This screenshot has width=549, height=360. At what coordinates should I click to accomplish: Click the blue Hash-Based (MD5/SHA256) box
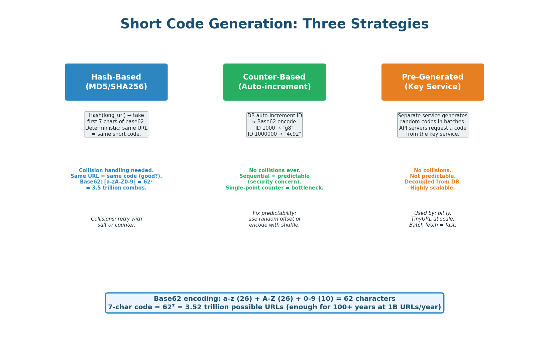click(116, 82)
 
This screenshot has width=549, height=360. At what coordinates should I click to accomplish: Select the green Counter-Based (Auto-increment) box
click(274, 82)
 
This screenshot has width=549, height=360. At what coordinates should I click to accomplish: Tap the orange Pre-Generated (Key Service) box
click(433, 82)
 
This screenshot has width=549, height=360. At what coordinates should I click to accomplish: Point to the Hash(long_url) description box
click(116, 124)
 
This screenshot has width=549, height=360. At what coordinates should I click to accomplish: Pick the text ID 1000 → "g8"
click(274, 128)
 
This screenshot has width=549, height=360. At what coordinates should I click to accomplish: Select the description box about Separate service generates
click(433, 125)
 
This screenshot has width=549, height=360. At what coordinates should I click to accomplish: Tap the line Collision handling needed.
click(116, 170)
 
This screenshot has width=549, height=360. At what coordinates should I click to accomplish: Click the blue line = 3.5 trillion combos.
click(116, 188)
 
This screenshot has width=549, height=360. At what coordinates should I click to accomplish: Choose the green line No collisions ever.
click(274, 170)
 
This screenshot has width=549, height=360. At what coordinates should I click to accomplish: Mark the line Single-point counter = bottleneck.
click(274, 188)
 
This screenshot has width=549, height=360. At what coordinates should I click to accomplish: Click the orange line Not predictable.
click(433, 176)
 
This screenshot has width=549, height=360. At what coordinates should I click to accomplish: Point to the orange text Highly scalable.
click(433, 188)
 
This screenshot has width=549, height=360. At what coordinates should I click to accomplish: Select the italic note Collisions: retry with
click(116, 219)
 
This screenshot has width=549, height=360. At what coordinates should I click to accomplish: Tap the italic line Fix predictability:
click(274, 213)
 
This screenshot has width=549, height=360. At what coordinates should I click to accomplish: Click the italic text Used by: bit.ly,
click(433, 213)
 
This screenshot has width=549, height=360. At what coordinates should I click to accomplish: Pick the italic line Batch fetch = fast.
click(433, 225)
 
